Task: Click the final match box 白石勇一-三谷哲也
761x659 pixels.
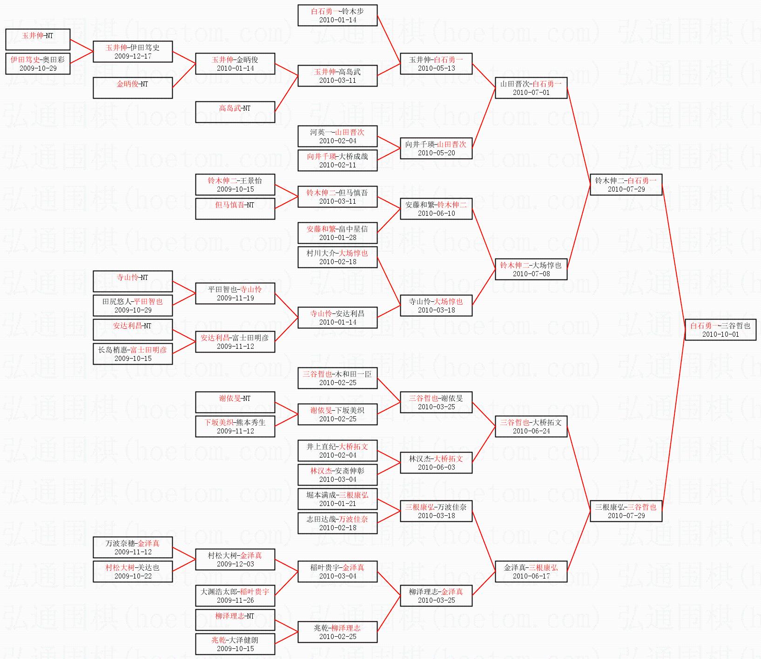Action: pyautogui.click(x=720, y=329)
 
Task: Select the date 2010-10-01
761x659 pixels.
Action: pyautogui.click(x=720, y=334)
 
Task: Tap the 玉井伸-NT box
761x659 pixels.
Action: pyautogui.click(x=38, y=39)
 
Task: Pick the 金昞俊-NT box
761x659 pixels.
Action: pyautogui.click(x=133, y=87)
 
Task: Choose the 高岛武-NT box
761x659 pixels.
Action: pyautogui.click(x=235, y=112)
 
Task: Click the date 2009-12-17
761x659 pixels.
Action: pyautogui.click(x=133, y=56)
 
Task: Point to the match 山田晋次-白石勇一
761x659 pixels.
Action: pyautogui.click(x=531, y=87)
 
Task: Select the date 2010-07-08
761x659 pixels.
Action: pyautogui.click(x=531, y=274)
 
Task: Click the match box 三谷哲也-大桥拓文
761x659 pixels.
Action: pyautogui.click(x=531, y=426)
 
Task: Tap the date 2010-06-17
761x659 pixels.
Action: pyautogui.click(x=531, y=576)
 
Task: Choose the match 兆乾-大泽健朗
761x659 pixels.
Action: pyautogui.click(x=235, y=644)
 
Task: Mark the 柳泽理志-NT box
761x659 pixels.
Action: pyautogui.click(x=235, y=620)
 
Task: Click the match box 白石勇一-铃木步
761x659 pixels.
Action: pyautogui.click(x=337, y=15)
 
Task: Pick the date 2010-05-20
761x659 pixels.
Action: pyautogui.click(x=436, y=153)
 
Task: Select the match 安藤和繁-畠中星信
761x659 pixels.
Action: pyautogui.click(x=337, y=233)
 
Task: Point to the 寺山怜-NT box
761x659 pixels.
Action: pyautogui.click(x=133, y=281)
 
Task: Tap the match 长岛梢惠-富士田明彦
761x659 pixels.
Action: pyautogui.click(x=133, y=353)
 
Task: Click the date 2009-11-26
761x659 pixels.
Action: pyautogui.click(x=235, y=600)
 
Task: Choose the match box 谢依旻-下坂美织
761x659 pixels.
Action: pyautogui.click(x=337, y=414)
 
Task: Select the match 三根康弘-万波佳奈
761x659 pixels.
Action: pyautogui.click(x=436, y=511)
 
